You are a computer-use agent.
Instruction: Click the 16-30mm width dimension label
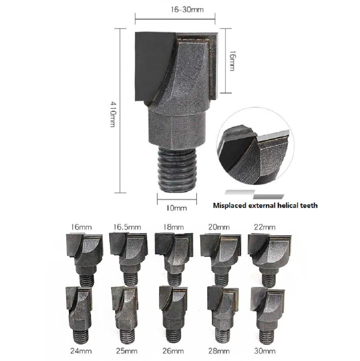point(187,10)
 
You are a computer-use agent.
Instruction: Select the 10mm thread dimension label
point(177,208)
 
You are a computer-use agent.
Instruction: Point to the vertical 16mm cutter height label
point(232,61)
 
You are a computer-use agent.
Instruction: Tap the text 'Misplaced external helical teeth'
point(265,205)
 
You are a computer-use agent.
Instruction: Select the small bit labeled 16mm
point(84,259)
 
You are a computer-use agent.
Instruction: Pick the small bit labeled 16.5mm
point(128,259)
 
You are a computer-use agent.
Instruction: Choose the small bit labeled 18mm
point(174,259)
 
